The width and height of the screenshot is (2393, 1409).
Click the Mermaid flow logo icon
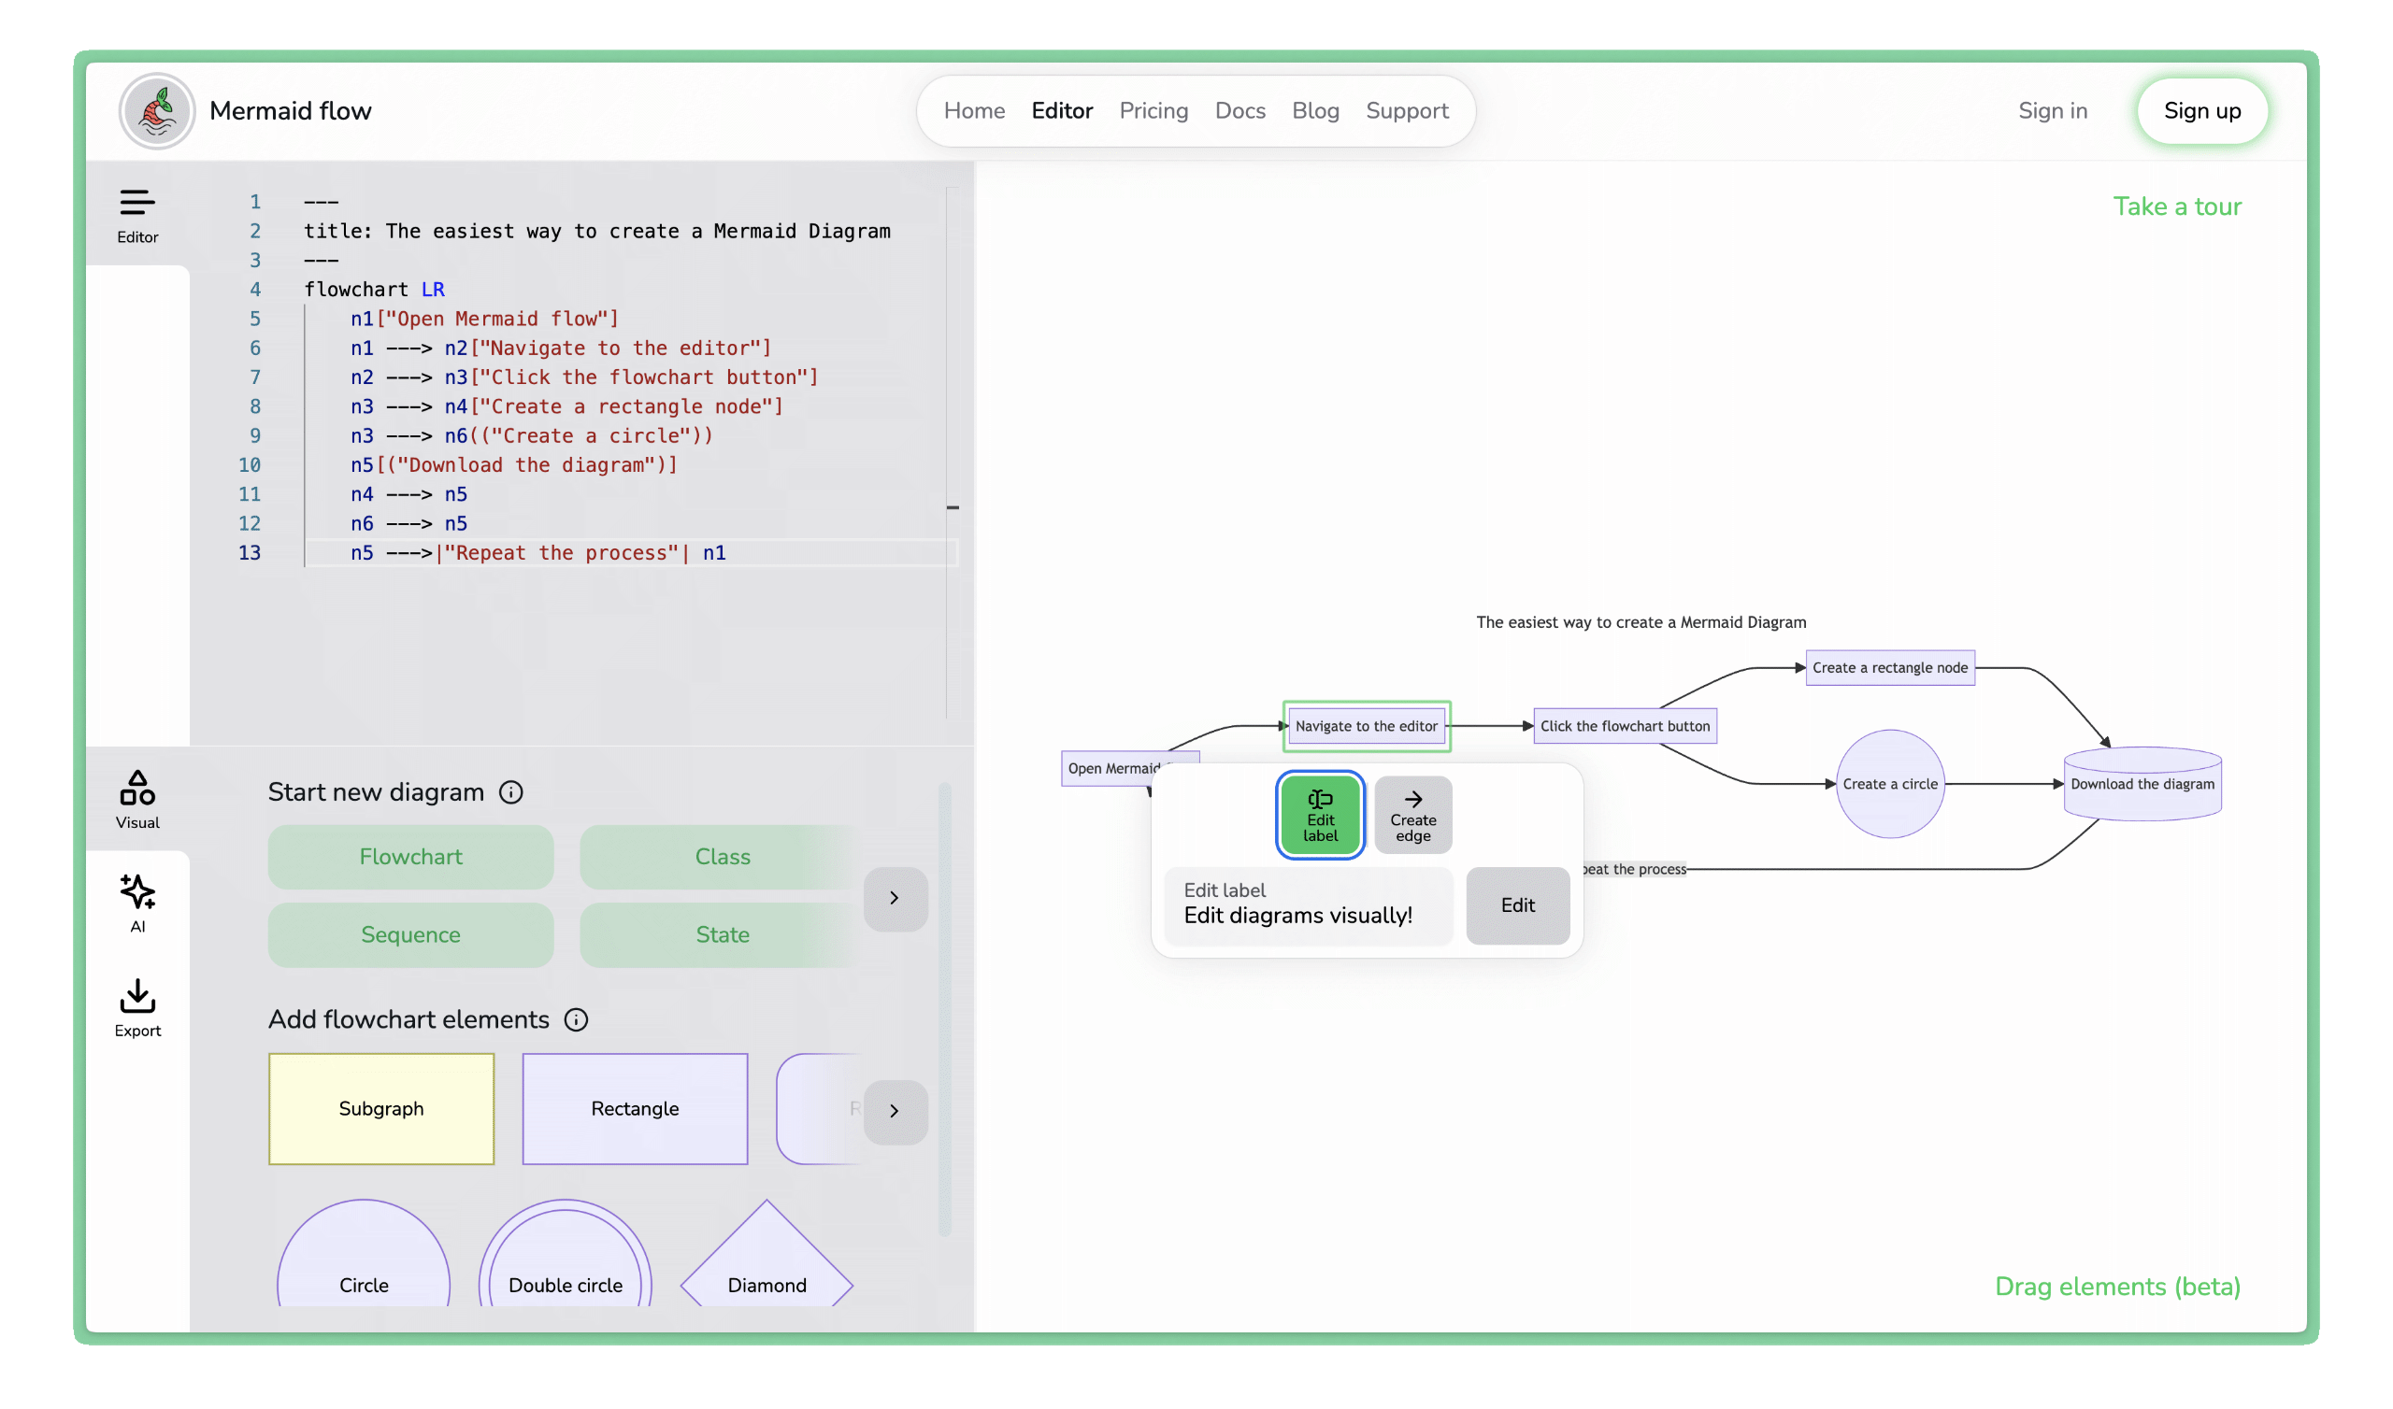click(157, 111)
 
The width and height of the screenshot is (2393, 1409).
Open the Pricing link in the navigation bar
click(1153, 111)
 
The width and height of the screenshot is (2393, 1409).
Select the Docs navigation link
click(1239, 111)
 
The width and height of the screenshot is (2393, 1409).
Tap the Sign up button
click(2201, 111)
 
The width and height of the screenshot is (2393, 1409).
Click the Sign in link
click(2052, 111)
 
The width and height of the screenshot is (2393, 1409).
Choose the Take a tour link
click(2175, 206)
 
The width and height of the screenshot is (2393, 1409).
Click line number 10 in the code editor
click(249, 465)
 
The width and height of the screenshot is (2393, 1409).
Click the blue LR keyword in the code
click(433, 290)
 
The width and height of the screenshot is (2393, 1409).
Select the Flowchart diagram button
click(410, 857)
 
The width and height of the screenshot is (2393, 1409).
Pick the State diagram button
click(722, 934)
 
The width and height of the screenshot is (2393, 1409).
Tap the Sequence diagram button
click(410, 934)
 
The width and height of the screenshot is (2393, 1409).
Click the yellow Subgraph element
click(380, 1108)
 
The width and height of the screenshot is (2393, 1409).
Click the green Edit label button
click(1320, 815)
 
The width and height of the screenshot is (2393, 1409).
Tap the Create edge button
click(1412, 815)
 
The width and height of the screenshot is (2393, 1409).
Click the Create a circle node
click(1889, 783)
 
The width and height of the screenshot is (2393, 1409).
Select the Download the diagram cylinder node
click(2142, 783)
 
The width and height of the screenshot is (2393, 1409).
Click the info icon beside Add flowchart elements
click(576, 1018)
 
